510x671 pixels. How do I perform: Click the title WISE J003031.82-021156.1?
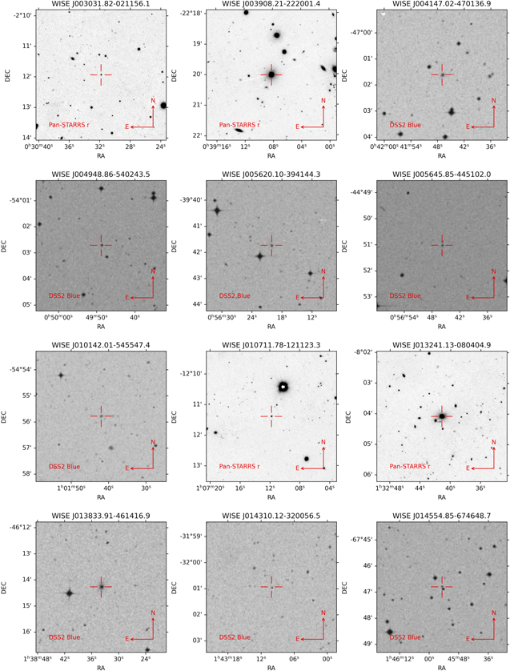click(101, 5)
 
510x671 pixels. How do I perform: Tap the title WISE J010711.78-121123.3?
click(271, 346)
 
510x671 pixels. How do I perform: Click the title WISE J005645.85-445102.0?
click(442, 175)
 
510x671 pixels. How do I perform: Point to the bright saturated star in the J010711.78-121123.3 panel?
click(283, 387)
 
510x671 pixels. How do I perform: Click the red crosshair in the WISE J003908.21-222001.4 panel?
click(271, 74)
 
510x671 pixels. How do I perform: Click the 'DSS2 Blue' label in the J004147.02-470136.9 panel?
click(404, 125)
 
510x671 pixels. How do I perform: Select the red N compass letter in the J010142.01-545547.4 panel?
click(153, 441)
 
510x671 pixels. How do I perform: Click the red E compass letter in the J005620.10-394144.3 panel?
click(297, 297)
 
